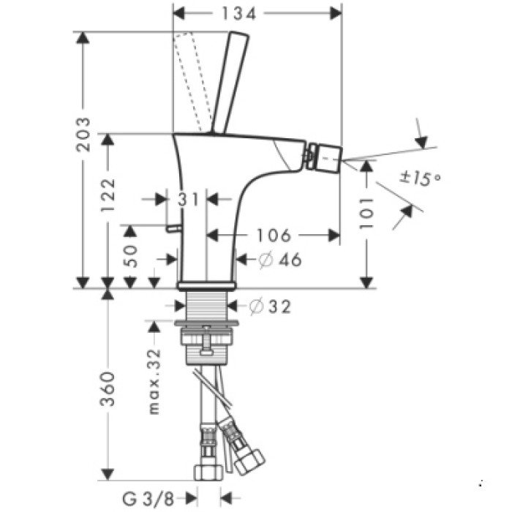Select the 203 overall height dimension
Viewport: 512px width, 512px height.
[85, 135]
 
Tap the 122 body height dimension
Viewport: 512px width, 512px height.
[108, 195]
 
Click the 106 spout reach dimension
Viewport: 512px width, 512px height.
[274, 235]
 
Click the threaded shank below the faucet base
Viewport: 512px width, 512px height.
[207, 304]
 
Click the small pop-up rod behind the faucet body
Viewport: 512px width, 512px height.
[173, 228]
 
